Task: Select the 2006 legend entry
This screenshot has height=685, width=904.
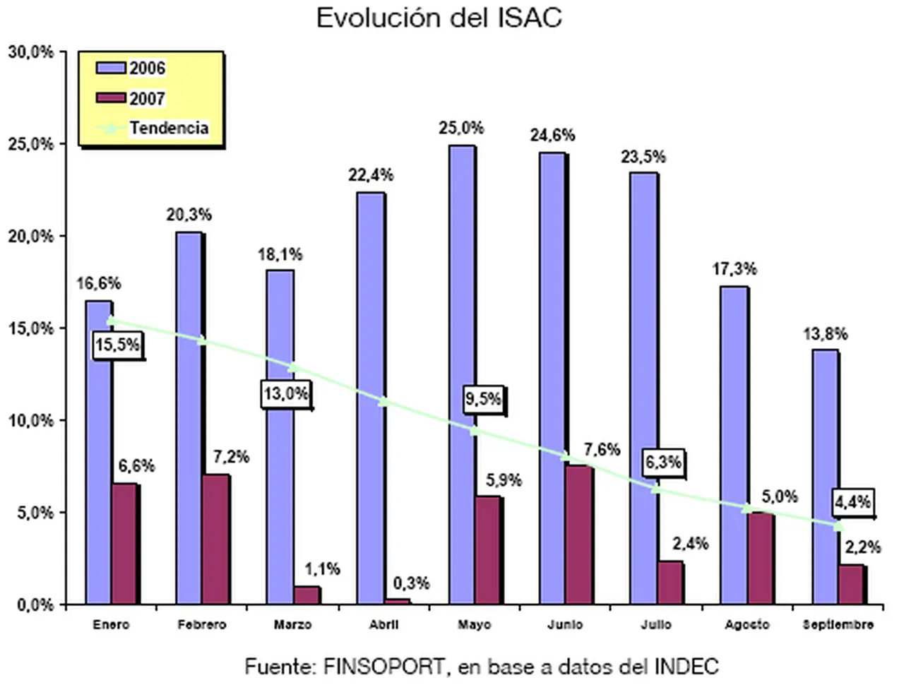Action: (147, 68)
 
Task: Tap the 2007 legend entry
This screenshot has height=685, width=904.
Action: (147, 99)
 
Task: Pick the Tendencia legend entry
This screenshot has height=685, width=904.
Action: (168, 129)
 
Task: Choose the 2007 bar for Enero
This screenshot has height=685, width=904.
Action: (125, 544)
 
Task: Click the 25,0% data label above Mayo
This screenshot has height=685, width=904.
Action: (461, 129)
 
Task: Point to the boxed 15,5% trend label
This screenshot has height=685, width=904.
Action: (118, 346)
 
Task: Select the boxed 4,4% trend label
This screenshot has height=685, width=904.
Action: (852, 503)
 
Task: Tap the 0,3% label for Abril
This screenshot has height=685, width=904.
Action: (411, 583)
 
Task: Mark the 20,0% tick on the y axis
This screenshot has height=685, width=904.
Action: (31, 237)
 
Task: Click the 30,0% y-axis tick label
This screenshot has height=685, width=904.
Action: (31, 52)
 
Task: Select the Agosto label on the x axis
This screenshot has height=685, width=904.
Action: (747, 625)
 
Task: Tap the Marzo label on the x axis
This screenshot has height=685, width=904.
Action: (292, 625)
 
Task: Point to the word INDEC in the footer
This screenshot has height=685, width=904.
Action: (686, 666)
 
